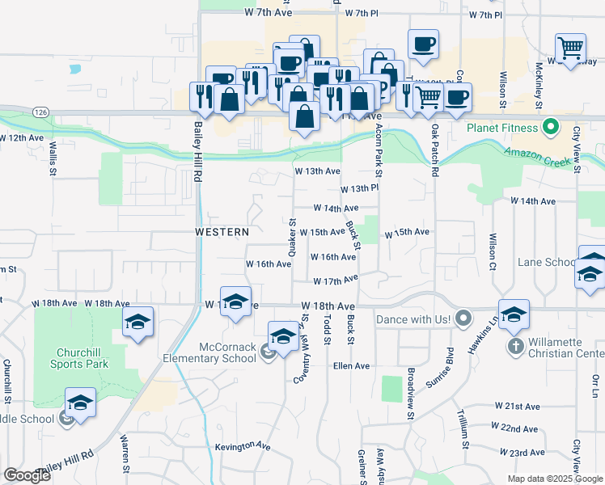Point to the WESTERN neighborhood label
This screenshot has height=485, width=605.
tap(222, 232)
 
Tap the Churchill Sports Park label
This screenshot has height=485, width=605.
tap(82, 358)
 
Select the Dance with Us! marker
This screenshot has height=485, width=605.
tap(463, 319)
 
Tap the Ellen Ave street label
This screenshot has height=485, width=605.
tap(351, 366)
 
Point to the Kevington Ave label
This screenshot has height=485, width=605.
tap(243, 446)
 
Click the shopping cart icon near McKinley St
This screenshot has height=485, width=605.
tap(570, 48)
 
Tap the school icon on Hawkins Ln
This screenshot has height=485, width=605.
tap(514, 314)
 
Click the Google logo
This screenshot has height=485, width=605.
tap(27, 475)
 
